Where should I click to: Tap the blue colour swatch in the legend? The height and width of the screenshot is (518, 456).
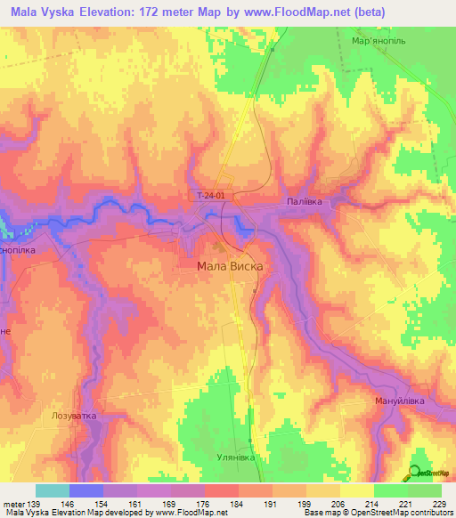tap(86, 490)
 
